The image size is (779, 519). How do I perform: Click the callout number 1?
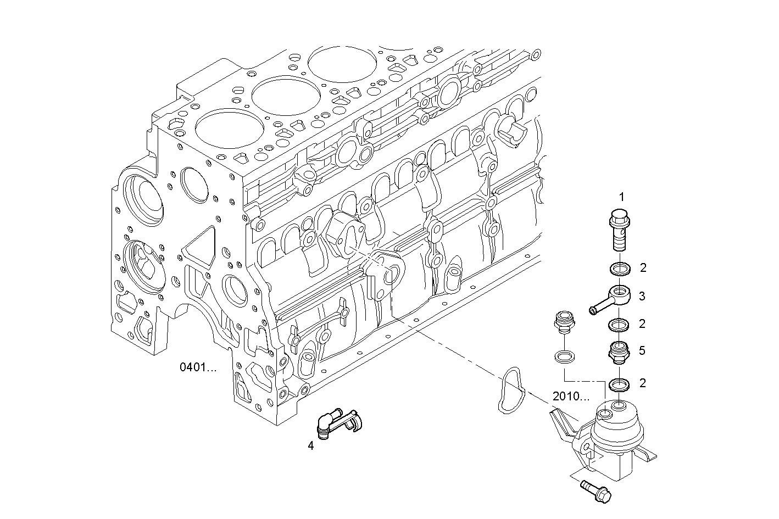tap(621, 196)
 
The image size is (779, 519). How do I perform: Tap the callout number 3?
tap(642, 297)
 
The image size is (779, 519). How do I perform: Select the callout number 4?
tap(311, 446)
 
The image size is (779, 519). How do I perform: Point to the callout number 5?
tap(642, 350)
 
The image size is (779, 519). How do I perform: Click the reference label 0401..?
tap(198, 367)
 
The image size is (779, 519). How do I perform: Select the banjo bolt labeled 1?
tap(620, 230)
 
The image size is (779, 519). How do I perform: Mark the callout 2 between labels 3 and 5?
tap(642, 323)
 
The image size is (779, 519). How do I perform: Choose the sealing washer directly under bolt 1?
tap(619, 269)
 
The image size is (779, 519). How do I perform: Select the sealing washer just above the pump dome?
tap(619, 384)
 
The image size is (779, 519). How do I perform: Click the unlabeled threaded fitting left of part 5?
tap(563, 323)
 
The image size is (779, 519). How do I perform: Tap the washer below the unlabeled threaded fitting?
tap(563, 356)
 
